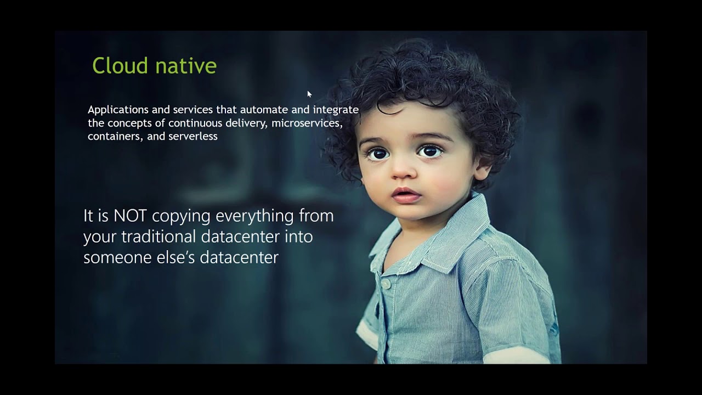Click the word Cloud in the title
click(x=120, y=65)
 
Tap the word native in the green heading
click(x=186, y=66)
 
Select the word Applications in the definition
click(x=118, y=110)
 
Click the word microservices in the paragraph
click(x=307, y=123)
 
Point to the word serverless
click(x=193, y=136)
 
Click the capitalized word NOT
click(x=130, y=216)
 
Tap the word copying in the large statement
click(x=181, y=217)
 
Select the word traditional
click(x=158, y=236)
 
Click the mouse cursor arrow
click(x=309, y=94)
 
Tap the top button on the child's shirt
click(x=386, y=284)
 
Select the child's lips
click(x=406, y=195)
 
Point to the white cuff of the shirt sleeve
click(x=367, y=335)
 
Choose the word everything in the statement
click(x=254, y=217)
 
